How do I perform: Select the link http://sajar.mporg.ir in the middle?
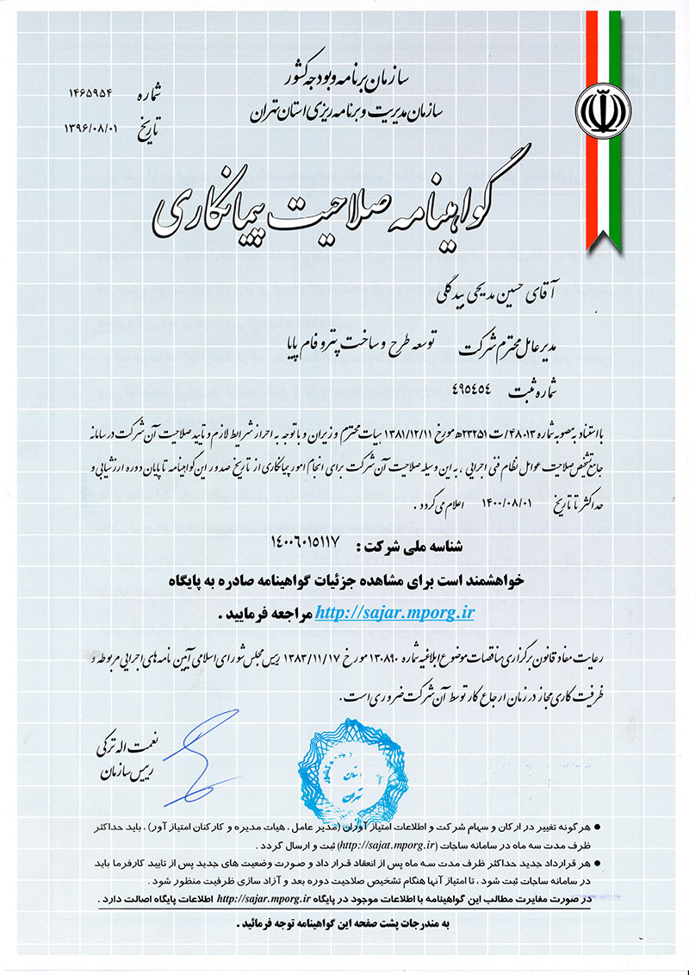(x=395, y=613)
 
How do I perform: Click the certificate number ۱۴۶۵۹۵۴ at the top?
(x=97, y=92)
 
